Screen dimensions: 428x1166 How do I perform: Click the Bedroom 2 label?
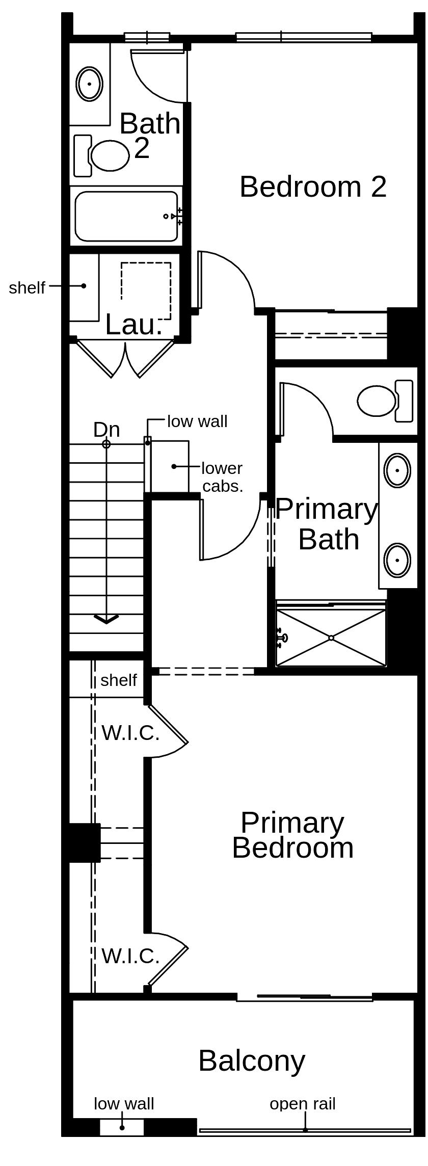(313, 187)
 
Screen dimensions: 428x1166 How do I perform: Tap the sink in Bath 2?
(90, 84)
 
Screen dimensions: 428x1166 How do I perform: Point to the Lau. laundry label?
(134, 324)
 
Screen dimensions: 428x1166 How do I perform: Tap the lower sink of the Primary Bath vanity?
(397, 560)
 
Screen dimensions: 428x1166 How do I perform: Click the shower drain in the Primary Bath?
(331, 638)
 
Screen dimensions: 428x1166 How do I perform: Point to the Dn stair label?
(106, 430)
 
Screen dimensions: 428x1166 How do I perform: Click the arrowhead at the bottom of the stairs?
(106, 619)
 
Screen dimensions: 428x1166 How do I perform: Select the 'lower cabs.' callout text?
(223, 477)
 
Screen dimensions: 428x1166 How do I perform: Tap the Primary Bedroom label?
(292, 836)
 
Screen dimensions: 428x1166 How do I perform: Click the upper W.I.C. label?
(130, 733)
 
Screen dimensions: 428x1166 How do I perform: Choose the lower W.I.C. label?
(130, 956)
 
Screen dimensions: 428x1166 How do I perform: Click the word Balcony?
(252, 1061)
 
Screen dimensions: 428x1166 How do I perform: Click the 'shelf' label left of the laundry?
(27, 287)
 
